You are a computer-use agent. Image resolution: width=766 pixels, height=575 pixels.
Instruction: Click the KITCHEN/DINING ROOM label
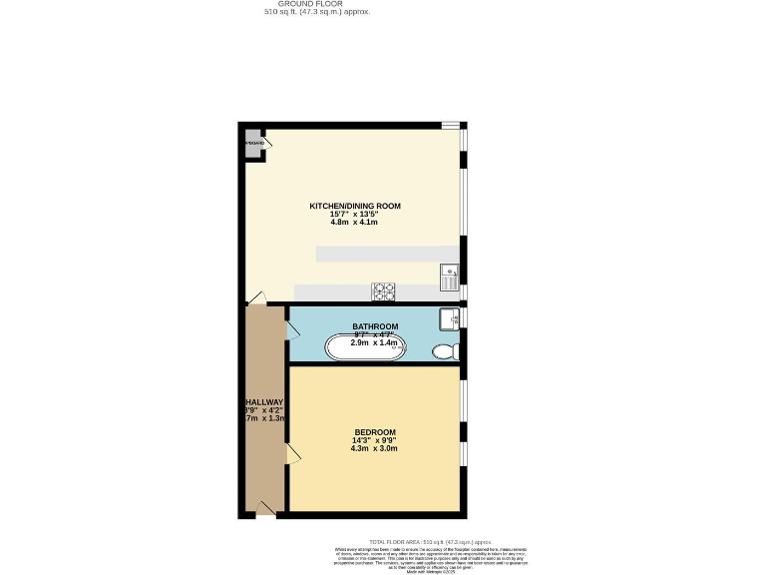(x=354, y=206)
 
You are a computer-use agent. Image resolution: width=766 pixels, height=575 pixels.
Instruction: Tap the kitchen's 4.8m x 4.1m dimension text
(x=354, y=222)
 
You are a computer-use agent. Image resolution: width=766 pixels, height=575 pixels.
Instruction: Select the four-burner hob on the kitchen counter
(x=384, y=291)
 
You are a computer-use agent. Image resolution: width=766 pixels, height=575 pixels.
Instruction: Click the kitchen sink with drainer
(x=450, y=276)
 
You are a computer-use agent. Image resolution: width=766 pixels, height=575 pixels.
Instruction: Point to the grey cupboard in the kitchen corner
(x=253, y=143)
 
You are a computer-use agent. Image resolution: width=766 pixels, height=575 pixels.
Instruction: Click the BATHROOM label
(x=375, y=326)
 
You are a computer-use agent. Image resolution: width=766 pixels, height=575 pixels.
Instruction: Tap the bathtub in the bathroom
(x=367, y=347)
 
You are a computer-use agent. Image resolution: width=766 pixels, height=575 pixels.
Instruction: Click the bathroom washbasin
(x=450, y=318)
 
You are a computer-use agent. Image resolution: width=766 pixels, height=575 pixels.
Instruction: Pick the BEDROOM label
(x=375, y=432)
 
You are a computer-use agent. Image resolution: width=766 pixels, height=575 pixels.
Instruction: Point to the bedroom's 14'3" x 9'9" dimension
(x=375, y=440)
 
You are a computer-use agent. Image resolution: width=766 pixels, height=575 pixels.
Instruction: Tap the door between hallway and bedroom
(x=292, y=454)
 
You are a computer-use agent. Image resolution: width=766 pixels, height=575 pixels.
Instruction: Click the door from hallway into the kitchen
(x=257, y=297)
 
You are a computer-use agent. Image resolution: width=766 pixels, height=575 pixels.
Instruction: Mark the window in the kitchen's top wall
(x=451, y=125)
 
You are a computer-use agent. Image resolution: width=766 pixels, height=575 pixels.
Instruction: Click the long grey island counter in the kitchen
(x=387, y=255)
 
